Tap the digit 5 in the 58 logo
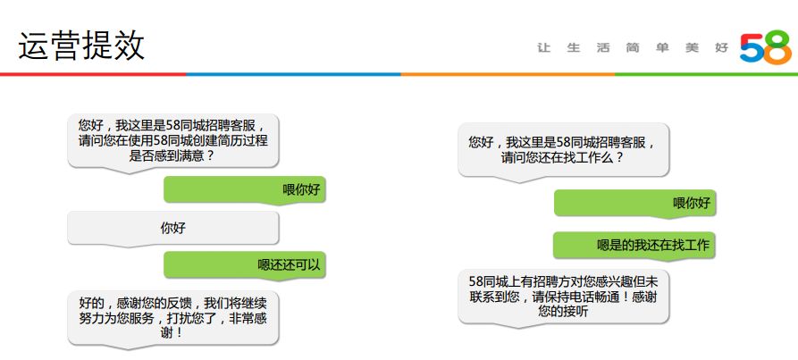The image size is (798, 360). [753, 47]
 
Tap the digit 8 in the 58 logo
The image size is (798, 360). [776, 47]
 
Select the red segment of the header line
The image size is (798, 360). [89, 74]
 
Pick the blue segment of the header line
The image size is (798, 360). [295, 74]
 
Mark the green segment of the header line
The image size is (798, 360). [706, 74]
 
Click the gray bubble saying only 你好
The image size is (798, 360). [173, 228]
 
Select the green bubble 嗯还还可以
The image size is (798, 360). [244, 264]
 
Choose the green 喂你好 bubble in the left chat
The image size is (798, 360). [244, 188]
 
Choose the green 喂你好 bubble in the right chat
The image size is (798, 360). [635, 203]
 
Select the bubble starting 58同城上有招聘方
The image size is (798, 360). [563, 297]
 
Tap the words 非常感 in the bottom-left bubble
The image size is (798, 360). [252, 317]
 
